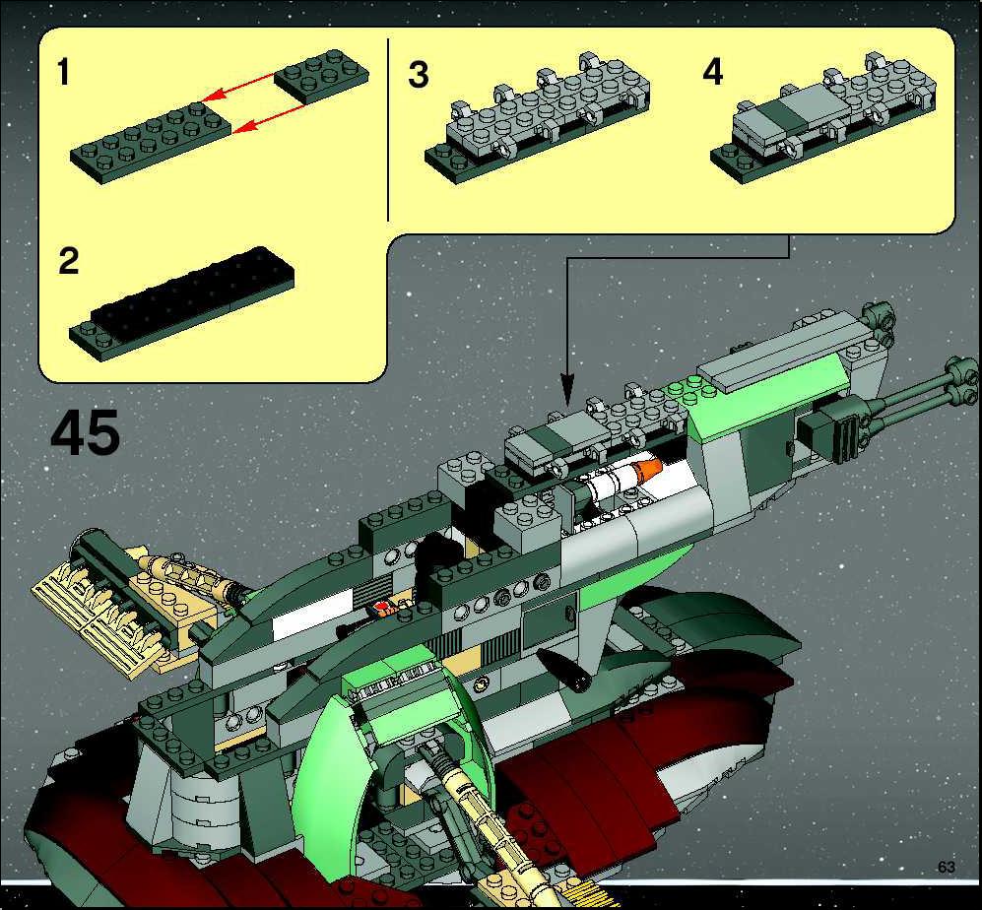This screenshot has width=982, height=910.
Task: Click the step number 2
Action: click(68, 261)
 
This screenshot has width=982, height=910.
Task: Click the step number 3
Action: click(419, 75)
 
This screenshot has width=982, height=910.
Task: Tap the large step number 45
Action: click(85, 432)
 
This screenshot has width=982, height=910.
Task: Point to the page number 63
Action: click(947, 867)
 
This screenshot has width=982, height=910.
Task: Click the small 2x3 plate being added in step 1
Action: click(321, 77)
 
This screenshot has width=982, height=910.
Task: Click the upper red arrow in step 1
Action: click(240, 87)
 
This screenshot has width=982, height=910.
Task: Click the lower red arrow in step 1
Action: click(269, 118)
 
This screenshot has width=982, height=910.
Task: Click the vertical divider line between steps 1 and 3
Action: click(388, 130)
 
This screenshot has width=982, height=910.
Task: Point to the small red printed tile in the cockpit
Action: click(381, 608)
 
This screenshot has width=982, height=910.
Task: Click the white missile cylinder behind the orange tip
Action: click(611, 484)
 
